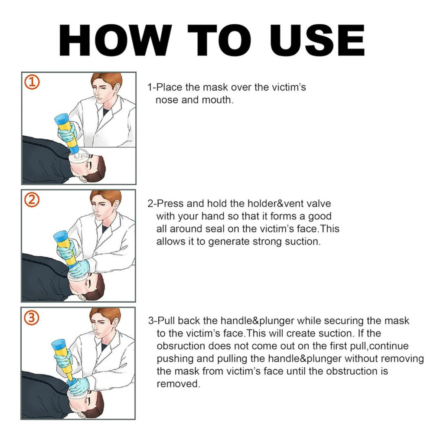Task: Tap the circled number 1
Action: click(x=32, y=82)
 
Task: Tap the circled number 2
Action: click(x=32, y=200)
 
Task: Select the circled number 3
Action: click(x=31, y=317)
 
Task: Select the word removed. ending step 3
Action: click(x=178, y=384)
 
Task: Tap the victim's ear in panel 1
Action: click(x=82, y=179)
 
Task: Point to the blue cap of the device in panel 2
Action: click(x=61, y=236)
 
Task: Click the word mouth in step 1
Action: click(x=218, y=100)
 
